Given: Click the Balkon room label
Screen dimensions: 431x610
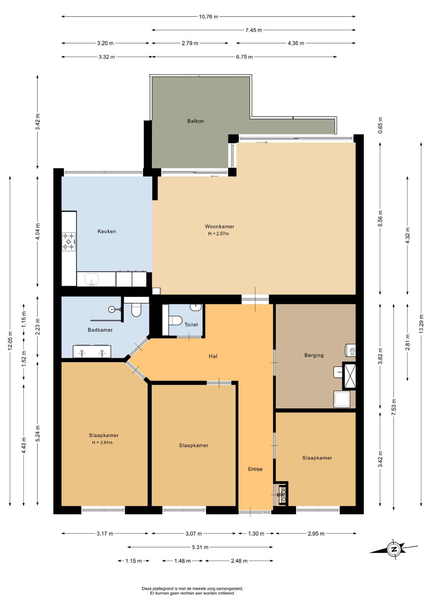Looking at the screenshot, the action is (196, 121).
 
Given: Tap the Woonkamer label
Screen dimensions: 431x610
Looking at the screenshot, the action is (220, 227).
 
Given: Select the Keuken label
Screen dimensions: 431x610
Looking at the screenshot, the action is (107, 231).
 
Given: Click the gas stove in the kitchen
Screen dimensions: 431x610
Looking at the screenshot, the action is (69, 241).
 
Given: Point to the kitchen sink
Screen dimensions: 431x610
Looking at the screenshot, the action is (92, 279).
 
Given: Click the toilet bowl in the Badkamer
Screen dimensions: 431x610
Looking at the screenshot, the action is (136, 310).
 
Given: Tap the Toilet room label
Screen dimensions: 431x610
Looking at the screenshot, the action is (191, 325).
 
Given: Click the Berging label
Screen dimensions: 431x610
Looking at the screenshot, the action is (314, 355).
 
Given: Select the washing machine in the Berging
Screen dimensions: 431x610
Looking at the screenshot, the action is (341, 399).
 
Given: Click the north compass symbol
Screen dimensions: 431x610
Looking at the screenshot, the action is (394, 549).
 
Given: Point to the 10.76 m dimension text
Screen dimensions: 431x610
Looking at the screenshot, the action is (209, 17).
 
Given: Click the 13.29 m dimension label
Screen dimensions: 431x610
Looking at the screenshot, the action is (421, 323).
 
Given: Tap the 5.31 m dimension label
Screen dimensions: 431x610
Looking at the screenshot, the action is (200, 547).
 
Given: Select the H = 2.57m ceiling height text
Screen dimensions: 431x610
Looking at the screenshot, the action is (218, 234).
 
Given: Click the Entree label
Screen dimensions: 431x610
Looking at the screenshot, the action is (255, 469).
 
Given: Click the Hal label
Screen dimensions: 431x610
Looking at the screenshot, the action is (213, 356).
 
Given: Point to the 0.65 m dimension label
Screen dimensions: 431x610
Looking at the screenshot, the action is (381, 125).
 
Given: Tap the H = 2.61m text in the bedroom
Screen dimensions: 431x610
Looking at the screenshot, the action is (102, 443).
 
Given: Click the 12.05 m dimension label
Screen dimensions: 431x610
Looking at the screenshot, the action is (10, 341).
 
